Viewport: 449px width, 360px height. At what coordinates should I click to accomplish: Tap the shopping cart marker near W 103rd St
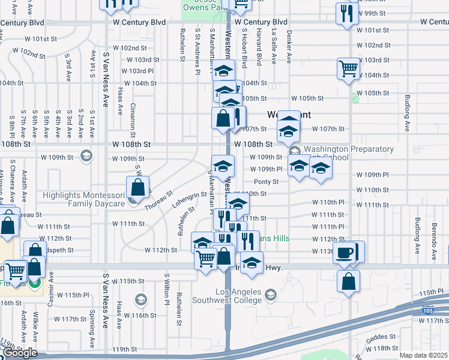348,68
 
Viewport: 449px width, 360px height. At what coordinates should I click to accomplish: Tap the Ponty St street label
267,182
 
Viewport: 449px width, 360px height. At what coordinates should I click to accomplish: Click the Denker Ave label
289,47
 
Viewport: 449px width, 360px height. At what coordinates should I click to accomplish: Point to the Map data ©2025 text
424,355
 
